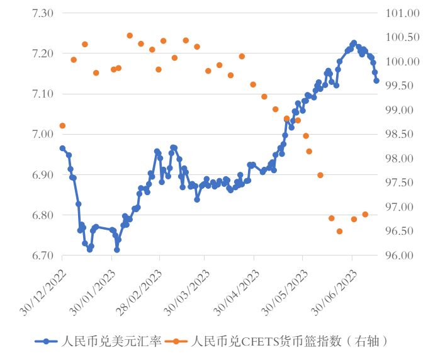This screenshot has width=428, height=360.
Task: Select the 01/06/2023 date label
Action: tap(336, 287)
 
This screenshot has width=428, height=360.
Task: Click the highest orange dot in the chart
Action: tap(130, 36)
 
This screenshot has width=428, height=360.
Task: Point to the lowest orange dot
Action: tap(340, 231)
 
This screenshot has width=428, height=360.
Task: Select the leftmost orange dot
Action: tap(62, 126)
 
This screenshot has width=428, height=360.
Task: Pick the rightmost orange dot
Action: tap(365, 215)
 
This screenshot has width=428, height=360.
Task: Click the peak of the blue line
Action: tap(354, 43)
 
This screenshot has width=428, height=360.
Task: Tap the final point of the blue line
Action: tap(376, 81)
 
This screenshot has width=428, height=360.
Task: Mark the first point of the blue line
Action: tap(62, 148)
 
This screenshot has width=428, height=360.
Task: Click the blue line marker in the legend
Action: tap(45, 341)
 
